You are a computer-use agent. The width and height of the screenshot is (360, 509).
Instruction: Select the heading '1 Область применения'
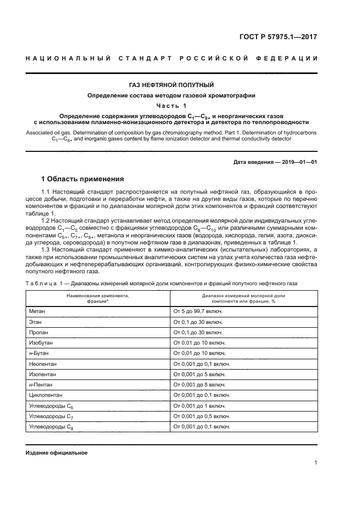83,179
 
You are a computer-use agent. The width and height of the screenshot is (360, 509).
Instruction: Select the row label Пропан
39,332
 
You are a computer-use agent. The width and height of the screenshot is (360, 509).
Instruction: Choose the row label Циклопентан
45,395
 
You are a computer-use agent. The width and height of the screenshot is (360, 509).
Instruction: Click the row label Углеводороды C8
51,427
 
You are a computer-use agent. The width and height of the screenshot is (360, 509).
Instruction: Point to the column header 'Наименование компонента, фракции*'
98,297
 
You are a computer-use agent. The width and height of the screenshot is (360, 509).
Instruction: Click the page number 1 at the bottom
316,463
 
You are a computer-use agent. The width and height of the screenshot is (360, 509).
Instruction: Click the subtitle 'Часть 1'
171,106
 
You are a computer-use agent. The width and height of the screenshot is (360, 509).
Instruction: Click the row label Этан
35,321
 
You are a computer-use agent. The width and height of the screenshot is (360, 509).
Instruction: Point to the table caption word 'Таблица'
40,284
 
